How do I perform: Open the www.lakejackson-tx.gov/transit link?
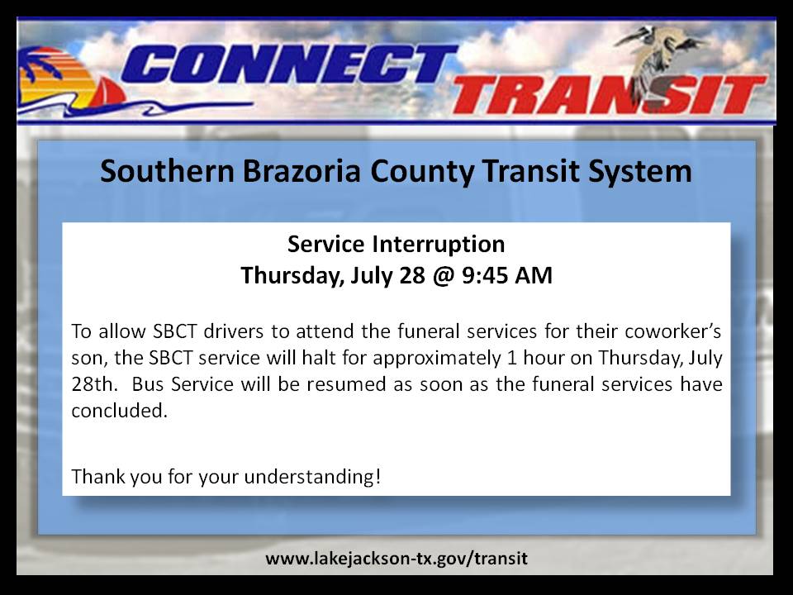point(396,559)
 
